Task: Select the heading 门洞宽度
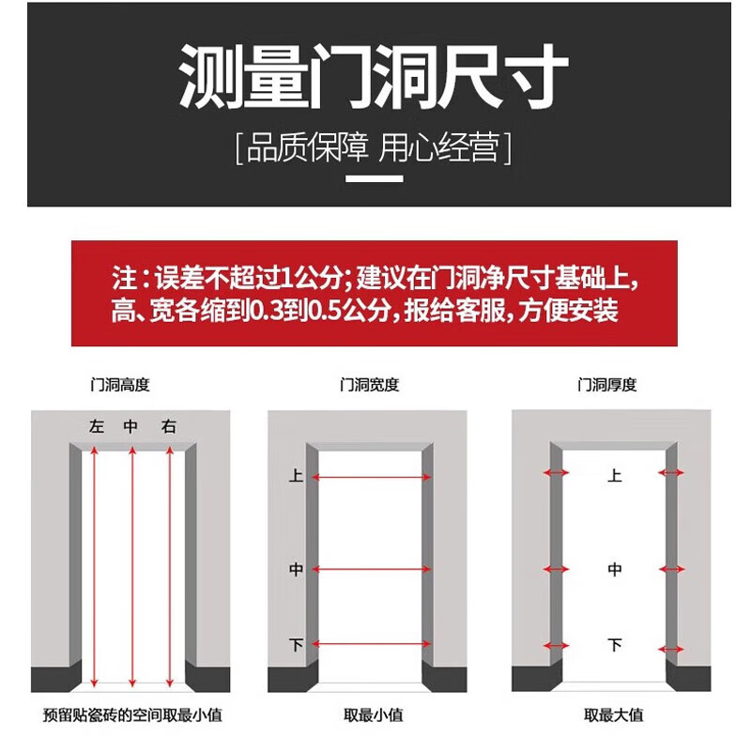point(369,385)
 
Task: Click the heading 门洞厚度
point(607,385)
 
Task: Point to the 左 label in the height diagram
point(96,427)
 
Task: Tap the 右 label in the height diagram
point(168,427)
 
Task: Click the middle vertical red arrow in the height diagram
point(131,563)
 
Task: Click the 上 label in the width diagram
point(296,477)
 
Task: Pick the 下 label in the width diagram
point(296,645)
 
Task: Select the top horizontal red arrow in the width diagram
point(370,478)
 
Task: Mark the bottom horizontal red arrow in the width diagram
point(370,644)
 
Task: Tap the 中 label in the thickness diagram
point(615,570)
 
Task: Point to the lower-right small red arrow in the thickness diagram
point(672,646)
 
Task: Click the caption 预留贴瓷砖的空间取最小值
point(132,715)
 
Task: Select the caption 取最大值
point(614,715)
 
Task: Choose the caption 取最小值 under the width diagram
point(373,715)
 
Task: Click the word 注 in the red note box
point(123,279)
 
